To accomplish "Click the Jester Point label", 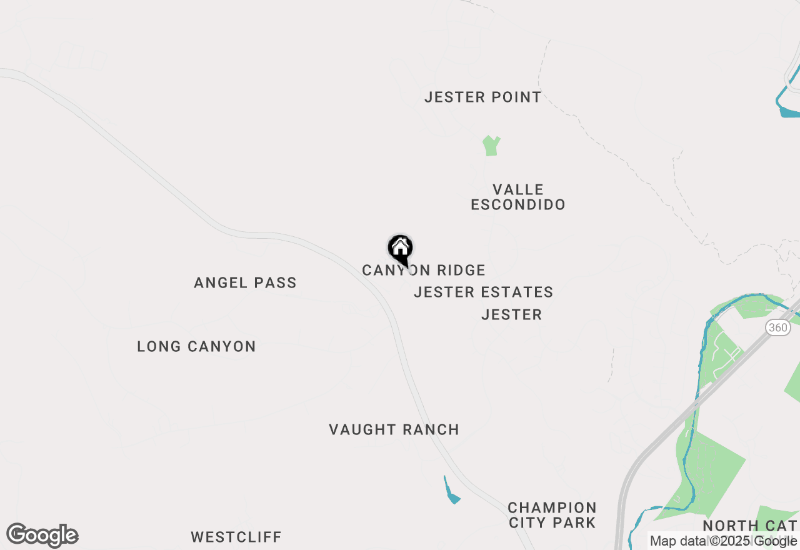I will pyautogui.click(x=482, y=97).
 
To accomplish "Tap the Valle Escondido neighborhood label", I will pyautogui.click(x=518, y=197).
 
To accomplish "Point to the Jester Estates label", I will pyautogui.click(x=483, y=292).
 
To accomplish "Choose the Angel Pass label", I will pyautogui.click(x=245, y=282).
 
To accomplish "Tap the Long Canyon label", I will pyautogui.click(x=196, y=346).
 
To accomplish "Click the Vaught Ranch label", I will pyautogui.click(x=394, y=429).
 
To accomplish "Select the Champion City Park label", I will pyautogui.click(x=552, y=515).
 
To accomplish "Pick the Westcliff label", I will pyautogui.click(x=236, y=537).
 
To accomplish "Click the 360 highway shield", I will pyautogui.click(x=778, y=327).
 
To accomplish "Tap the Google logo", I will pyautogui.click(x=42, y=536).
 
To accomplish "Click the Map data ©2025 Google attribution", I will pyautogui.click(x=723, y=541).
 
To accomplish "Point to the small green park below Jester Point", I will pyautogui.click(x=491, y=146).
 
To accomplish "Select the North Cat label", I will pyautogui.click(x=750, y=526).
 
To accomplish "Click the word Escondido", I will pyautogui.click(x=518, y=204).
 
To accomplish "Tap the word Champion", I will pyautogui.click(x=552, y=507).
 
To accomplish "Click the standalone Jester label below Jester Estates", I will pyautogui.click(x=511, y=314).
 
